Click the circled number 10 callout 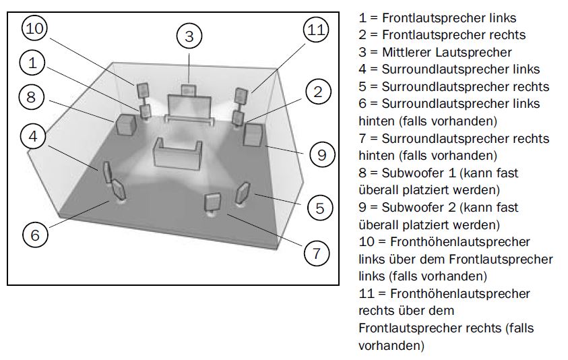point(36,30)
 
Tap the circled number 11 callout point(316,30)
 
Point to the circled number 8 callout point(32,97)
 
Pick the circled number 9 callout point(322,155)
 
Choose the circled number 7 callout point(316,253)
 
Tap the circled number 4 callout point(33,136)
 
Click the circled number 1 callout point(33,64)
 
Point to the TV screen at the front point(190,107)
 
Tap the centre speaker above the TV point(190,89)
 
